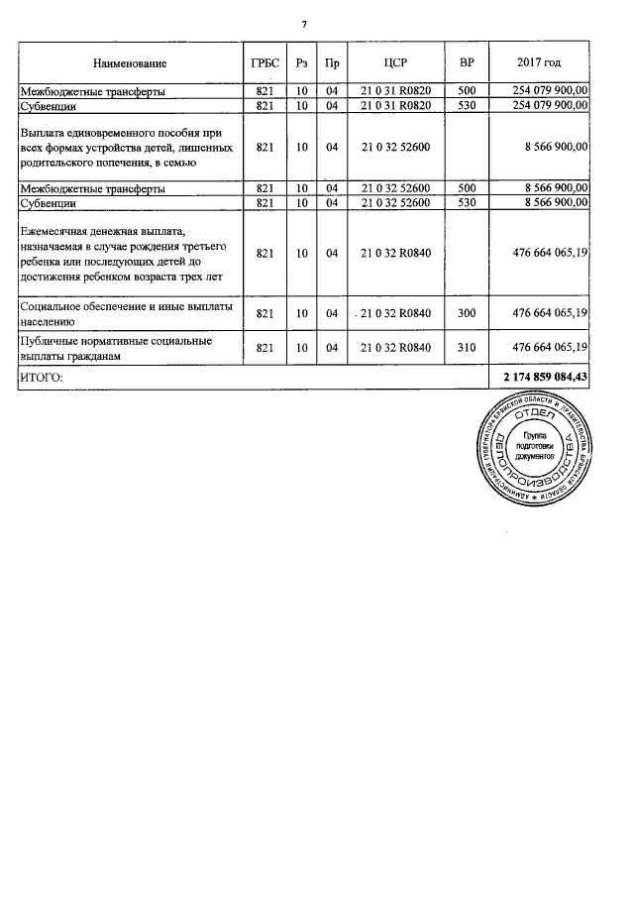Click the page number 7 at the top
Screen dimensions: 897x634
[318, 24]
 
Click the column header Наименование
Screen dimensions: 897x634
[130, 63]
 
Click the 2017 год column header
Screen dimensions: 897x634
[540, 63]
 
